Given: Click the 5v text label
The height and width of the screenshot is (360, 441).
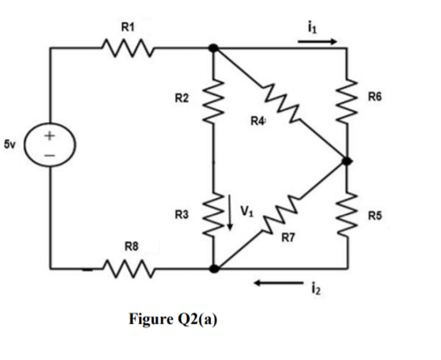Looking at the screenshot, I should click(10, 145).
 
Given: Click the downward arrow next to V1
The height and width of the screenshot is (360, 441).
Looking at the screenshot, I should click(229, 216).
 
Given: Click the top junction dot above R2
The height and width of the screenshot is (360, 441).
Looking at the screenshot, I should click(213, 48).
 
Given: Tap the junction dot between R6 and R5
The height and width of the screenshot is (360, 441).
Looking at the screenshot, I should click(347, 161).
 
